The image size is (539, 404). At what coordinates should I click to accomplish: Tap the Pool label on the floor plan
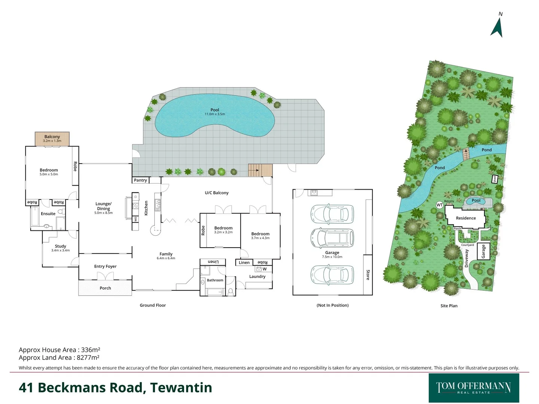click(214, 110)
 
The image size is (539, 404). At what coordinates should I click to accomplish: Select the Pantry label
click(140, 180)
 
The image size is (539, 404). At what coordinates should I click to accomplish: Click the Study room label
click(60, 246)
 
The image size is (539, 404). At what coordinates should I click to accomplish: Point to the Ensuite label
click(48, 214)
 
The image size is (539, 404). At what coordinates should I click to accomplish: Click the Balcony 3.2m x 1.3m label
click(52, 138)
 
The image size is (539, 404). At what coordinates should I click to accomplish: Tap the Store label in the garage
click(368, 275)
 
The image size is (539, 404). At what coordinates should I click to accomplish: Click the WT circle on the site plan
click(439, 205)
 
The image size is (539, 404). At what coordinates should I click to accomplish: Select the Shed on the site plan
click(494, 179)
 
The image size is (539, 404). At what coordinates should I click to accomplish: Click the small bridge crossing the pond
click(466, 154)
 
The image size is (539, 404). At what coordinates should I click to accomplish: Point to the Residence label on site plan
click(466, 218)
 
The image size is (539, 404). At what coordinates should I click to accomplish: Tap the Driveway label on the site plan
click(466, 258)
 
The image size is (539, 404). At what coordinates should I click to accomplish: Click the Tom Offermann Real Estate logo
click(473, 388)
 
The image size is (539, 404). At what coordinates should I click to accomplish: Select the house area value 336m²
click(90, 350)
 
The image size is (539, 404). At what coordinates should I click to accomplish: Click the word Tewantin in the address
click(181, 388)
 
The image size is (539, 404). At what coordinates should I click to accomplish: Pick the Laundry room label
click(257, 276)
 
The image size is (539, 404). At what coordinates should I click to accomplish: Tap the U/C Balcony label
click(216, 193)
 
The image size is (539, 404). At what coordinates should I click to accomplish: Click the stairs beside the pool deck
click(260, 170)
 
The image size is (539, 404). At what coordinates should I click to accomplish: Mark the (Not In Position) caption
click(332, 305)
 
